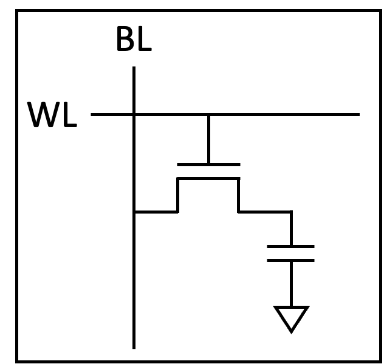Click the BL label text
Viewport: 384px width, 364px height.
(133, 40)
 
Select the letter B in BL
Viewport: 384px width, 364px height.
(124, 40)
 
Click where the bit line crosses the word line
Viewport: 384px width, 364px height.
(134, 113)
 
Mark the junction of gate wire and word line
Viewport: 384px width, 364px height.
(208, 113)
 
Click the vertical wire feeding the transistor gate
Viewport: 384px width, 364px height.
(208, 138)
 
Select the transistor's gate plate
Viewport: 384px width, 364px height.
(208, 164)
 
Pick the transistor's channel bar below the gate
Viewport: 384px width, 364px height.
(208, 178)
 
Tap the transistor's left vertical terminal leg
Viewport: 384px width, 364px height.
(177, 195)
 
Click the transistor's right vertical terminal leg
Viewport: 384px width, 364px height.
(238, 195)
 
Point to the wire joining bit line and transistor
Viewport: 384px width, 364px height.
(156, 212)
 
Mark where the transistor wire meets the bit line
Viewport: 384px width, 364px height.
(134, 212)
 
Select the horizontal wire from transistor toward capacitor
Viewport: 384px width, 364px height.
(264, 212)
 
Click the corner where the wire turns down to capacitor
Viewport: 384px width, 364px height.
(291, 212)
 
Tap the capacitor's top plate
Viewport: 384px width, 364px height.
(291, 246)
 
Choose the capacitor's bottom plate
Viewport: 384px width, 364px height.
(291, 260)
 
